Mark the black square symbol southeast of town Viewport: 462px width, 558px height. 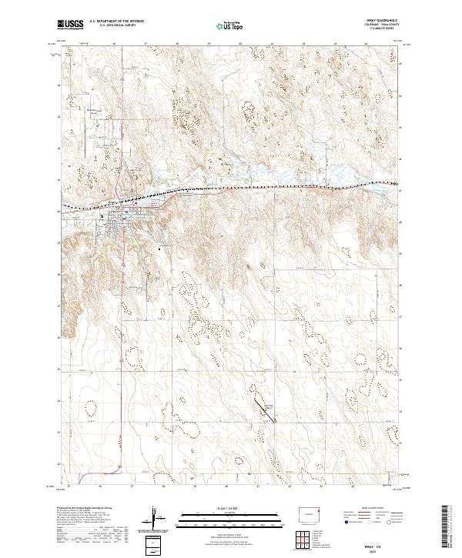(x=160, y=249)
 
